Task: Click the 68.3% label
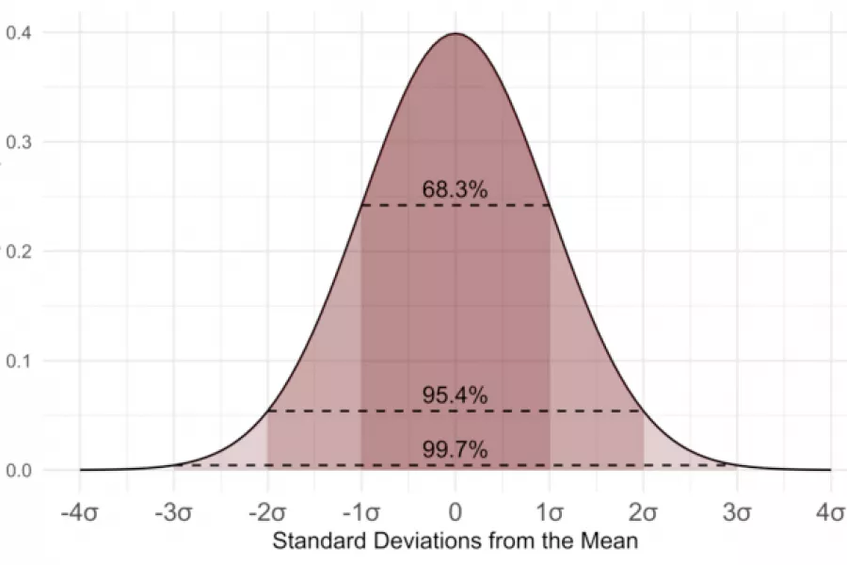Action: [455, 189]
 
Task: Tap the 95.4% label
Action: [455, 395]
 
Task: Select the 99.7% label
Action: [455, 450]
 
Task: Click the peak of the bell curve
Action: [455, 34]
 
